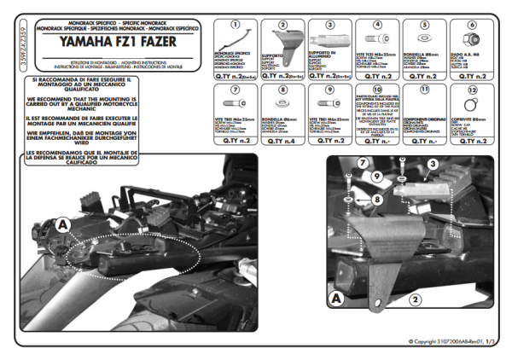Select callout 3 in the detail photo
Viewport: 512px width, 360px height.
coord(432,163)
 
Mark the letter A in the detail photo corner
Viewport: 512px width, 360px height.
coord(337,299)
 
